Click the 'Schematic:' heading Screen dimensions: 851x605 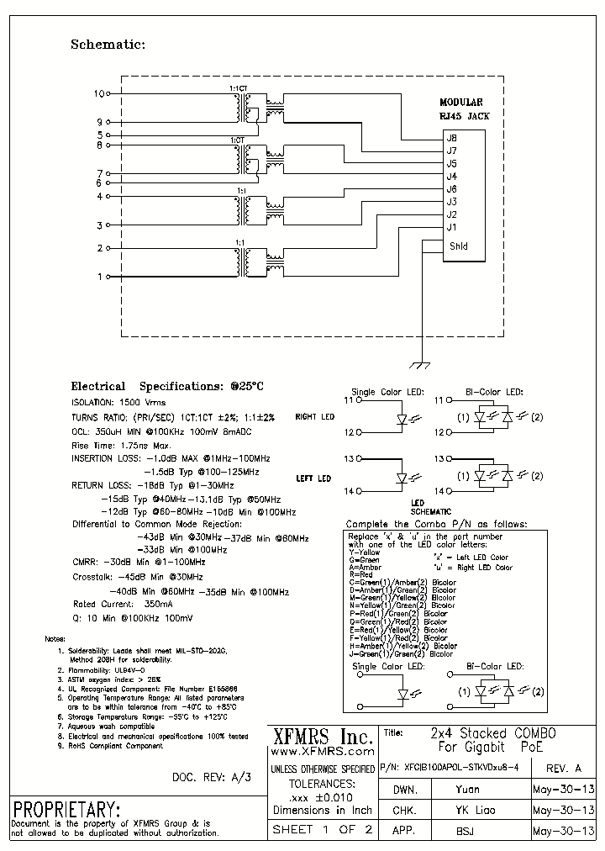coord(108,45)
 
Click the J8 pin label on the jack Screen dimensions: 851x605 coord(452,138)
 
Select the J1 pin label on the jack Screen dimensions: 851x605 coord(452,227)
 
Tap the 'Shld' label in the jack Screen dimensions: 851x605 coord(458,246)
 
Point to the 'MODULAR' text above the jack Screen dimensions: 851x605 coord(461,102)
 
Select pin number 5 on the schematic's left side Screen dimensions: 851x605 coord(99,135)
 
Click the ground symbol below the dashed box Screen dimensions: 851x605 coord(417,365)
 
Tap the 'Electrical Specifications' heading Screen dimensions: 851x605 coord(167,386)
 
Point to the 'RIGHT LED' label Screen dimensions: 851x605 coord(314,417)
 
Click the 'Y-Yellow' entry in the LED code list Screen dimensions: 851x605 coord(364,552)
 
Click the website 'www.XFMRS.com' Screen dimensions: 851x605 coord(323,753)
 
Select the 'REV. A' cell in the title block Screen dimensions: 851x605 coord(564,768)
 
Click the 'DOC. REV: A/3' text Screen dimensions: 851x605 coord(211,777)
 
